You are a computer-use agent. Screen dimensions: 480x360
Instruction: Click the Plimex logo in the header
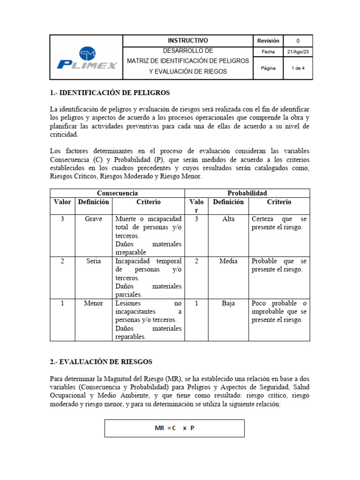click(87, 58)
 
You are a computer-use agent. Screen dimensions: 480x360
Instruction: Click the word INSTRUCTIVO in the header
click(187, 41)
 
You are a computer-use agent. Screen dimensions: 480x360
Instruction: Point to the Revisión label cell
click(268, 41)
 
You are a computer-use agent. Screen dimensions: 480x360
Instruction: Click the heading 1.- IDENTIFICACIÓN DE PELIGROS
click(110, 92)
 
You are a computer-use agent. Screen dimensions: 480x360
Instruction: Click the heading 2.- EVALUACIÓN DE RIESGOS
click(101, 362)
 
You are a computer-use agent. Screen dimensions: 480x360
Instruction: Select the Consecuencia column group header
click(117, 193)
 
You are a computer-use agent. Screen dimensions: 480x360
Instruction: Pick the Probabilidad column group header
click(247, 193)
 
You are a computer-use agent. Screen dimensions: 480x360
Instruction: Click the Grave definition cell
click(93, 219)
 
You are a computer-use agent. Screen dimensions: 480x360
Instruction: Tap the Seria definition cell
click(93, 261)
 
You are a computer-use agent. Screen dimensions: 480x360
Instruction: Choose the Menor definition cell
click(93, 303)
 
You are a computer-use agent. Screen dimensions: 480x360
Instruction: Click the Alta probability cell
click(228, 219)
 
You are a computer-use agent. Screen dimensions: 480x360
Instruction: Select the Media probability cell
click(228, 261)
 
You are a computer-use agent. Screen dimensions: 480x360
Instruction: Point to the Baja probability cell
click(228, 303)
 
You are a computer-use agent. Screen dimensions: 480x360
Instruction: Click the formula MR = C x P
click(174, 428)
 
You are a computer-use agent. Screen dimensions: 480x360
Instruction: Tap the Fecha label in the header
click(268, 52)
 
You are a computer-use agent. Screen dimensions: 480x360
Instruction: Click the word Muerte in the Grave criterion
click(126, 219)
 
